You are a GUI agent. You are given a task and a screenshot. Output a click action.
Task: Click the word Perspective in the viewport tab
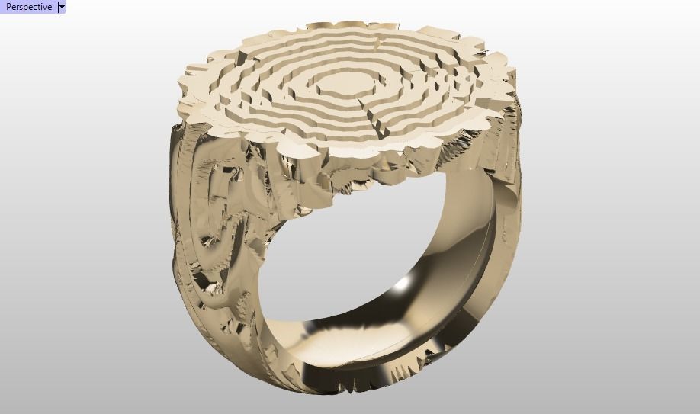[x=28, y=7]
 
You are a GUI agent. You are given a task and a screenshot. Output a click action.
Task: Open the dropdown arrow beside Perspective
[x=62, y=7]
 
